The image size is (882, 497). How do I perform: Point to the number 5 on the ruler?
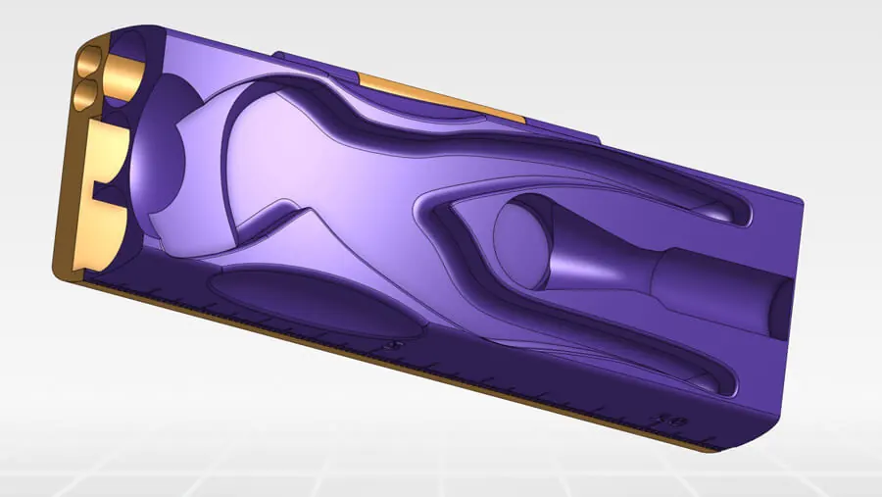click(x=394, y=345)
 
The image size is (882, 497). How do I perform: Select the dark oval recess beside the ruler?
click(x=314, y=303)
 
